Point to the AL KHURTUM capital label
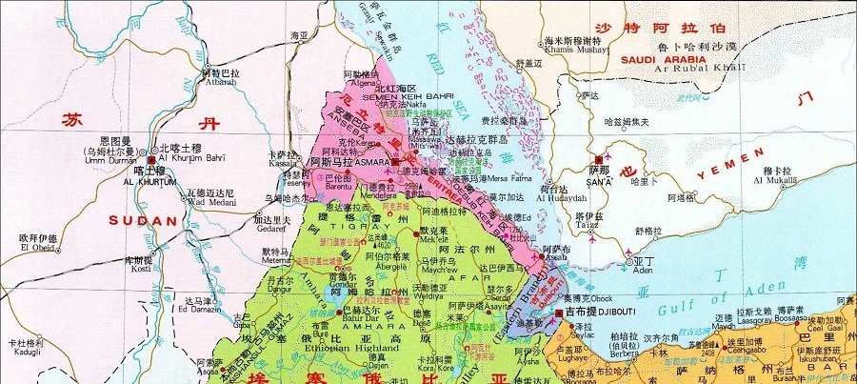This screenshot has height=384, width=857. (150, 182)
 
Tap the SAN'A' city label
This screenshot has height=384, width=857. (599, 180)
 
